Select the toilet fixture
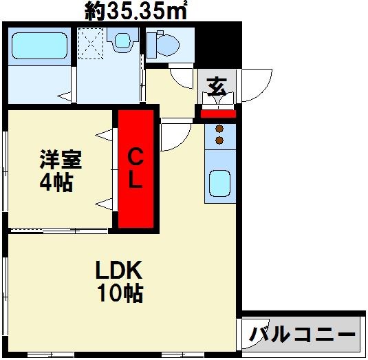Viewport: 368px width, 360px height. coord(164,45)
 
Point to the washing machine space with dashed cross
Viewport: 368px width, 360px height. coord(90,42)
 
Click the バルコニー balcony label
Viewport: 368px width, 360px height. coord(303,335)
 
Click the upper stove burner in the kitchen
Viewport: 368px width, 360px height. coord(220,129)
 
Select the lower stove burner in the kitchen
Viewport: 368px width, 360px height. coord(220,140)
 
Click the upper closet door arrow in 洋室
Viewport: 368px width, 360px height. coord(105,136)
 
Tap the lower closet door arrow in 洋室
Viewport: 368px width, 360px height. coord(105,202)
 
